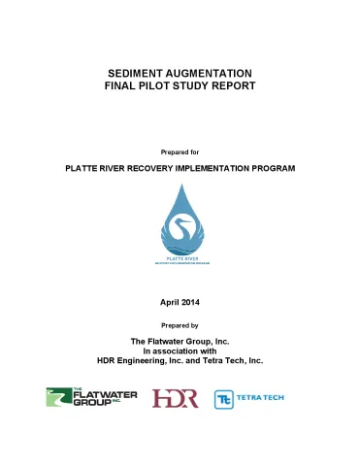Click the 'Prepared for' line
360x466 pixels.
(180, 151)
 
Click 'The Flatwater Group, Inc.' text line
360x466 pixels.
(180, 341)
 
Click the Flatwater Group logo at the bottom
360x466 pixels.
(93, 398)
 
